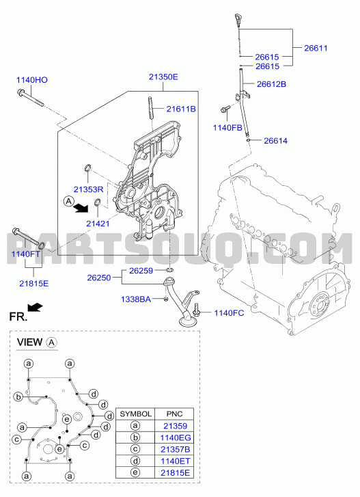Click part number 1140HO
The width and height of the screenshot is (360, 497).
32,80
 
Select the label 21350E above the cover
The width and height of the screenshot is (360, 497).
164,77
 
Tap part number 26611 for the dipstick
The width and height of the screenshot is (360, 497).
316,48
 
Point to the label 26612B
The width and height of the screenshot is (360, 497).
271,84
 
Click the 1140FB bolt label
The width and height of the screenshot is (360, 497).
227,128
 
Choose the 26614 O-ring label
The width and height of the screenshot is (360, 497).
275,141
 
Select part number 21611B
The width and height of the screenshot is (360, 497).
181,109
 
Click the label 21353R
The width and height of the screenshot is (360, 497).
88,189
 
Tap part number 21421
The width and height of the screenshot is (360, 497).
98,224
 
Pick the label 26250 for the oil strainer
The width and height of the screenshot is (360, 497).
99,278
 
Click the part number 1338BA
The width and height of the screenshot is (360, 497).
136,299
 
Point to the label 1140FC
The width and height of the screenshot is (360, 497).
230,313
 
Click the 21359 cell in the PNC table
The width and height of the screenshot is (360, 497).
176,426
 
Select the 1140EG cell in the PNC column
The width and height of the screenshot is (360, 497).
176,438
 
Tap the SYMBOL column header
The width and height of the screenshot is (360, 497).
135,414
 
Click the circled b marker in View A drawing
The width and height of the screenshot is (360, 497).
18,397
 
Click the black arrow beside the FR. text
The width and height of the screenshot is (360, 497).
35,307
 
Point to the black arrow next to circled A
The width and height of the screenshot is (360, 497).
81,208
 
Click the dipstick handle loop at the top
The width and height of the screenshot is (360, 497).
237,17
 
